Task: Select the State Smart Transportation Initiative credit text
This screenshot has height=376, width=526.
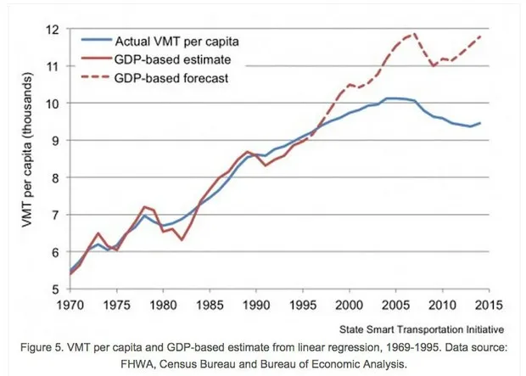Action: [421, 328]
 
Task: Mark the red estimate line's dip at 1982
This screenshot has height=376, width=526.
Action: [181, 240]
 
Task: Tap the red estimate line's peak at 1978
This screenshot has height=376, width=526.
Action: [145, 206]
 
